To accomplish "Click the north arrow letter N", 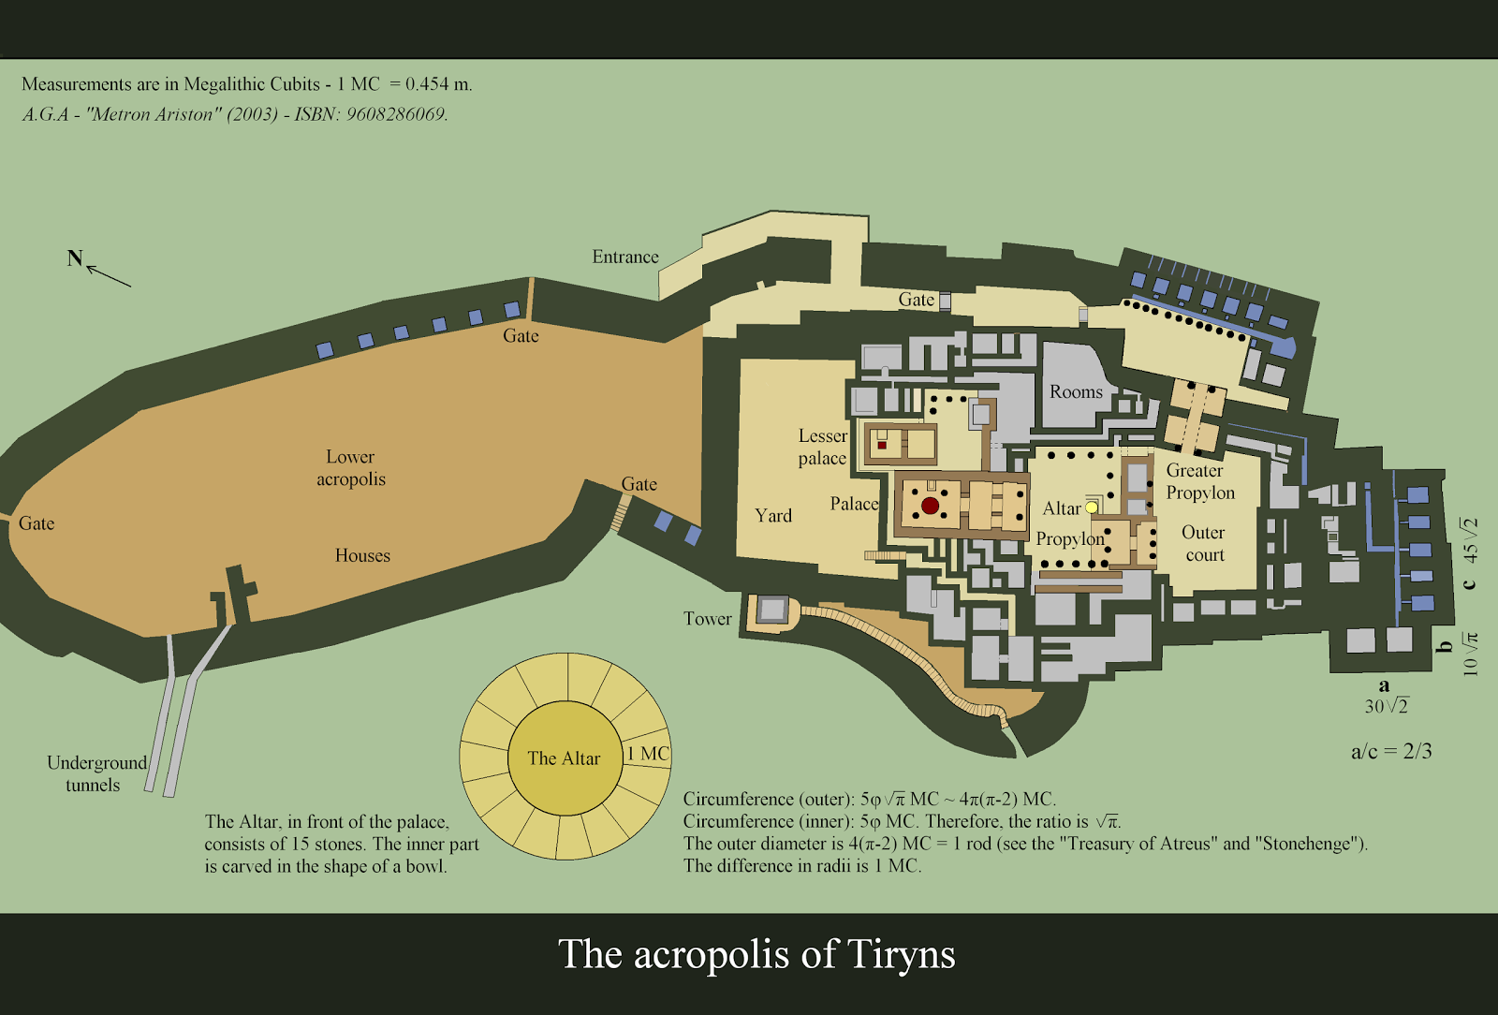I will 75,258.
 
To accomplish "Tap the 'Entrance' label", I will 625,257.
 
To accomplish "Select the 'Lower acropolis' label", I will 350,467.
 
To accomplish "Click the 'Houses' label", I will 362,555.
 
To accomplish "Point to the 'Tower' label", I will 707,618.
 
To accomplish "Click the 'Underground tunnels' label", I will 95,773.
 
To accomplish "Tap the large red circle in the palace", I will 930,506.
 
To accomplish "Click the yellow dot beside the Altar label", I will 1092,507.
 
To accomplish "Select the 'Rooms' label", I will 1076,391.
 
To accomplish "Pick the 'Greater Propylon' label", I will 1199,481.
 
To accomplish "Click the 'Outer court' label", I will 1203,543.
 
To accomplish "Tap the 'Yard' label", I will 773,515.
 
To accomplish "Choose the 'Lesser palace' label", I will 822,447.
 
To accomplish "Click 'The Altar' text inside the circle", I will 564,758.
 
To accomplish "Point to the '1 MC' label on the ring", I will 648,754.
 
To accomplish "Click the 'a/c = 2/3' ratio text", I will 1391,751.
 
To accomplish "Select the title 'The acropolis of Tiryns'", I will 756,954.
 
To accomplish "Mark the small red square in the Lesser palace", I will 882,445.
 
